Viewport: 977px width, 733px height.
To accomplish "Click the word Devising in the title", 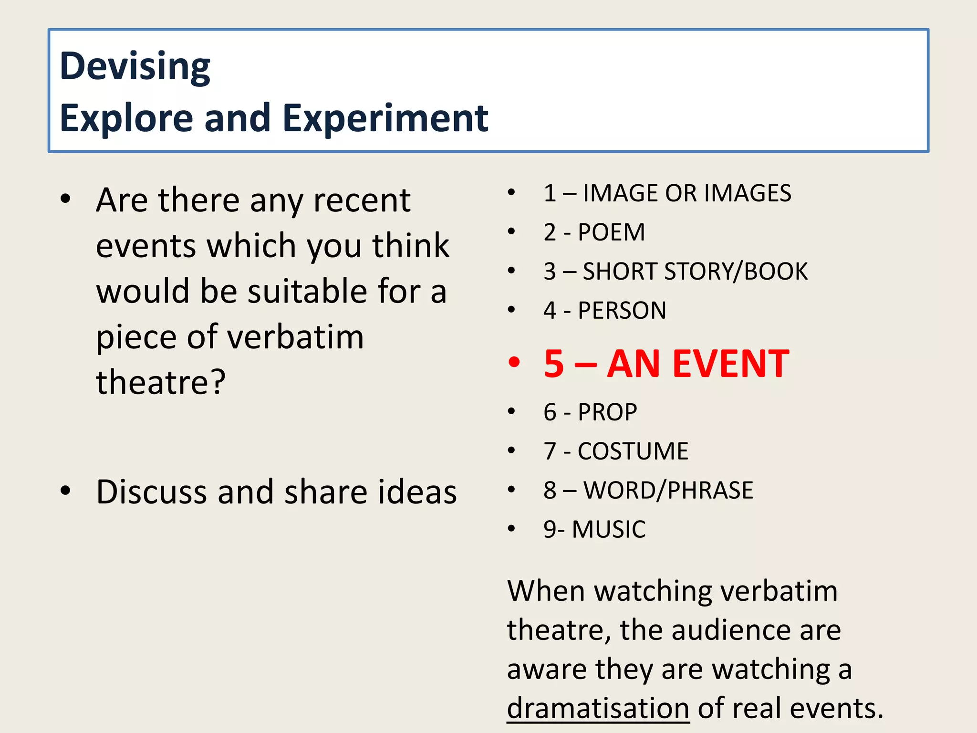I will [x=135, y=67].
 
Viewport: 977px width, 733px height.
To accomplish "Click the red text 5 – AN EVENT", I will [x=666, y=364].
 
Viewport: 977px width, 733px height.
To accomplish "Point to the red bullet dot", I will [x=514, y=362].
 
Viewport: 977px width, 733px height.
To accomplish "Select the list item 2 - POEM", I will [x=594, y=232].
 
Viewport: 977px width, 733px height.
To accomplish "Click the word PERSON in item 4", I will [x=622, y=311].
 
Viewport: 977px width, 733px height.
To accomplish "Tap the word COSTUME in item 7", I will [x=633, y=451].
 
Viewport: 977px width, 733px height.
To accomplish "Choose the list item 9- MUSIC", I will [x=594, y=529].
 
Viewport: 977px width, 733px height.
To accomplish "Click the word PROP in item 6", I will [x=607, y=412].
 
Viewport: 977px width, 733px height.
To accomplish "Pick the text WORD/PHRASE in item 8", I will [x=668, y=491].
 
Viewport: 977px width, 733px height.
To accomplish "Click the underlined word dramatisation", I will [x=598, y=708].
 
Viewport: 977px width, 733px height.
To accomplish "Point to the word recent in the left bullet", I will [x=362, y=200].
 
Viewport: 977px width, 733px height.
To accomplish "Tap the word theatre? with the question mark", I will [x=161, y=382].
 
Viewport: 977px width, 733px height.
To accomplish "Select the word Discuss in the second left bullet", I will [x=151, y=492].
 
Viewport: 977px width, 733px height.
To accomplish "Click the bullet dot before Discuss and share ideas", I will [x=65, y=491].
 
